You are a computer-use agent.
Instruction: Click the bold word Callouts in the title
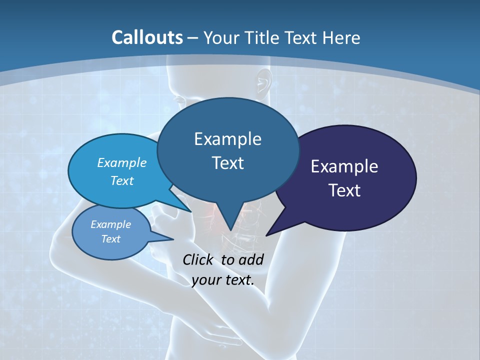point(147,37)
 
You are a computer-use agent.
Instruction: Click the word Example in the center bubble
point(227,139)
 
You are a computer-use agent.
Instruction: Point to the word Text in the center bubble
point(227,163)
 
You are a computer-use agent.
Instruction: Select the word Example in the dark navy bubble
point(344,166)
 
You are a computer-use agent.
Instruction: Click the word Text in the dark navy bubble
point(344,190)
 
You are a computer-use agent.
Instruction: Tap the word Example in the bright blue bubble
point(121,163)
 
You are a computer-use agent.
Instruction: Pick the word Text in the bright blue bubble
point(121,180)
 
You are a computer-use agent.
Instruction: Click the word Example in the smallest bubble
point(110,224)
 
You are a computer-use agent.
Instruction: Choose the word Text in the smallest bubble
point(110,239)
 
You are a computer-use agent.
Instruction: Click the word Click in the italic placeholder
point(197,259)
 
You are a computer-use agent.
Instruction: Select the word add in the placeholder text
point(251,259)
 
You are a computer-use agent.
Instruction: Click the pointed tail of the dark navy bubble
point(268,234)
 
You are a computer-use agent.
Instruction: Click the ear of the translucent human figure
point(261,83)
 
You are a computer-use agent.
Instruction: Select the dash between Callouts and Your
point(193,38)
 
